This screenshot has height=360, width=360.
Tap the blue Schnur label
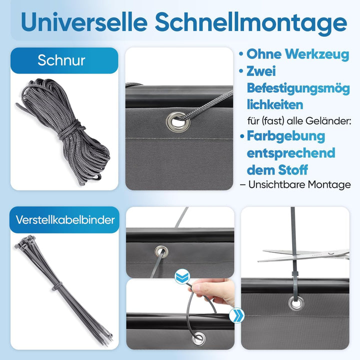[61, 60]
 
